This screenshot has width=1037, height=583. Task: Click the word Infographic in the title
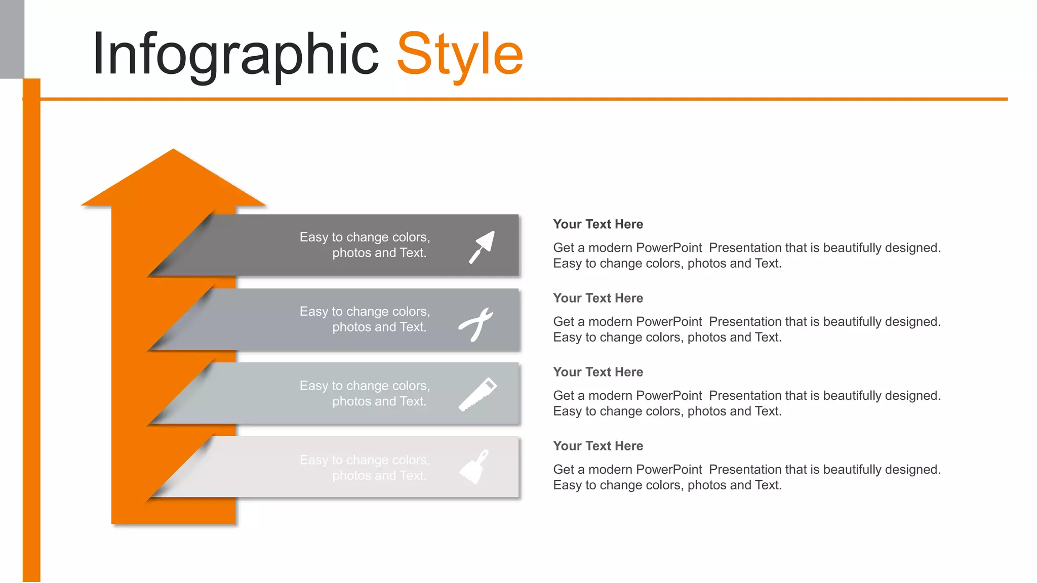click(235, 55)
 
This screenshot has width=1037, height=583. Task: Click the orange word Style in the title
click(460, 55)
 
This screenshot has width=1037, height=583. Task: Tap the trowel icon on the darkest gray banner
click(482, 247)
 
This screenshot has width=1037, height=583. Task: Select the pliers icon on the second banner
click(476, 324)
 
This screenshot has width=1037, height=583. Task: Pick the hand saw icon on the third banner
click(477, 394)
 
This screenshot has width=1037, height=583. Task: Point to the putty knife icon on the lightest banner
click(475, 467)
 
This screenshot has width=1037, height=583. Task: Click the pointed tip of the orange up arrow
click(173, 151)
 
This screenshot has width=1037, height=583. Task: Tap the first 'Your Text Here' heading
click(598, 224)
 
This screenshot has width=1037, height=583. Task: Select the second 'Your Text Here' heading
click(598, 298)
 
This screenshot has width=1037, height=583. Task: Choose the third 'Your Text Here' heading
click(598, 372)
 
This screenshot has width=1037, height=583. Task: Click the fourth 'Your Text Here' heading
click(598, 446)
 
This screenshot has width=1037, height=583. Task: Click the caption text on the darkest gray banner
click(365, 245)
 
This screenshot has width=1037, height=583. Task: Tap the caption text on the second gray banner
click(365, 319)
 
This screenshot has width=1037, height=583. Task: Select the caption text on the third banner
click(365, 393)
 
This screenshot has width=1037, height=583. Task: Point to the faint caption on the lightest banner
click(365, 468)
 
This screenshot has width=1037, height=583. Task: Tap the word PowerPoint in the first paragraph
click(669, 248)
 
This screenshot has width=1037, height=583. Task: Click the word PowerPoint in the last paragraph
click(669, 470)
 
